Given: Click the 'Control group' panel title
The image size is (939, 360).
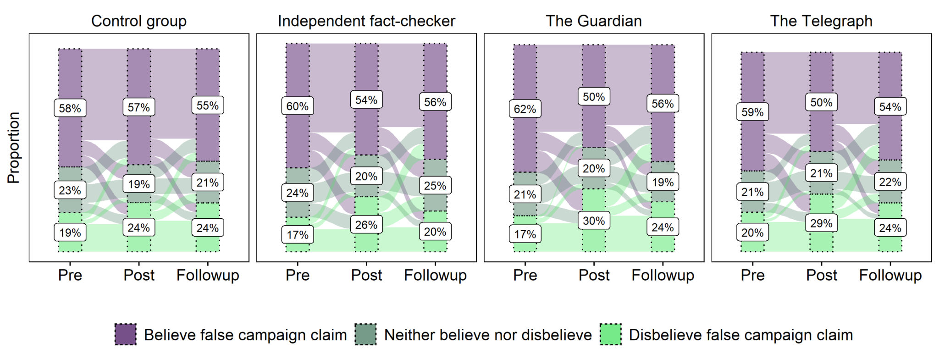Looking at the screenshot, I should pos(139,21).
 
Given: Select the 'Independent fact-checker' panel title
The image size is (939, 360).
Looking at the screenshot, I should pos(366,21).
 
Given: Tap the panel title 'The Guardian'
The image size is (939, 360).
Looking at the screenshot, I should pos(594,21).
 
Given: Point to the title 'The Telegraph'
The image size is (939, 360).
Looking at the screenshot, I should pos(821,21).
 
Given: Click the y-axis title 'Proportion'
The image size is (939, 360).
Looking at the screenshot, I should pos(14,148).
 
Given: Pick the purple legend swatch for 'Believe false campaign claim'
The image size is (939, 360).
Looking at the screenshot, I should pos(125,334).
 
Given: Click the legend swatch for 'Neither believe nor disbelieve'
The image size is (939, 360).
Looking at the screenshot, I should pos(365,334).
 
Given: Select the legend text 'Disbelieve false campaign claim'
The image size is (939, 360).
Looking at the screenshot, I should pos(740,335).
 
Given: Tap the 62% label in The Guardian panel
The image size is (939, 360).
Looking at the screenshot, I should pos(525,109).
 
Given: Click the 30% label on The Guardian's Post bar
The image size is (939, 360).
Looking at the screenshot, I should pos(594,221).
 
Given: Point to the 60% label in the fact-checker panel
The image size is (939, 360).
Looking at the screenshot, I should pos(298,106).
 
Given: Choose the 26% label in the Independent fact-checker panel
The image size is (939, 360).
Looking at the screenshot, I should pos(366,225).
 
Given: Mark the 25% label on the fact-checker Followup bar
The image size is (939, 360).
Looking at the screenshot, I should pos(435,186).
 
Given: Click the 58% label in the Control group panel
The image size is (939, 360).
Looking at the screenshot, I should pos(70,108).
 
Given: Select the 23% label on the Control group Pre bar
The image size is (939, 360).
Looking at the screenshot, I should pos(70,190).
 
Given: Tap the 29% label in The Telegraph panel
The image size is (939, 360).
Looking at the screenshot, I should pos(821,223).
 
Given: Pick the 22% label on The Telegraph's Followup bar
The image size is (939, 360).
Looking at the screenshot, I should pos(890,182).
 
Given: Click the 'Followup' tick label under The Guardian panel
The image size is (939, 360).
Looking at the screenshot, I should pos(663,275).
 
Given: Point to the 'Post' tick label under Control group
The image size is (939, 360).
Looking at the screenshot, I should pos(139,275).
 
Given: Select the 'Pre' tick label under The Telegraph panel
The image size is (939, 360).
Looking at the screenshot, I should pos(752,275).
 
